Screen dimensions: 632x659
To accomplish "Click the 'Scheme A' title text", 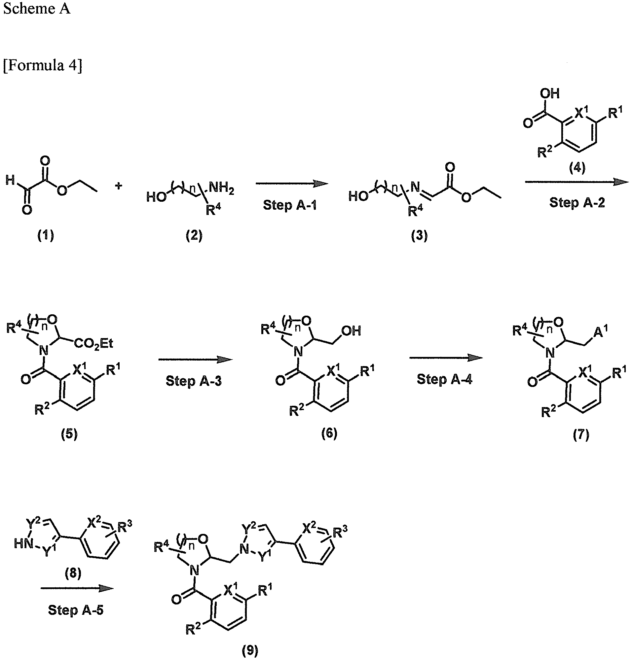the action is click(x=37, y=8).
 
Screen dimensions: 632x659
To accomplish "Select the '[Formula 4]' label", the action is click(x=43, y=65).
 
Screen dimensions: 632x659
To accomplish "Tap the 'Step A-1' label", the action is click(x=290, y=205).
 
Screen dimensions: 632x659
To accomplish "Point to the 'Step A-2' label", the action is click(x=577, y=202).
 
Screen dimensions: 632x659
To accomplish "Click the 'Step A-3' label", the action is click(x=194, y=381).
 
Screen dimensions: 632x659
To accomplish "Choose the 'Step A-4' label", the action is click(x=445, y=379).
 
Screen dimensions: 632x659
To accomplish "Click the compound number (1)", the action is click(x=46, y=235).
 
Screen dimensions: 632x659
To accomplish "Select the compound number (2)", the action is click(x=194, y=236).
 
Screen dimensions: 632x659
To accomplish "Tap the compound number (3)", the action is click(x=419, y=236).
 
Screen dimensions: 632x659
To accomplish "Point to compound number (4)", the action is click(x=577, y=167).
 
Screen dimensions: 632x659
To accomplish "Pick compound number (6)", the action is click(x=329, y=433).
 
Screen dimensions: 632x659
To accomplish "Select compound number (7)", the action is click(x=581, y=435).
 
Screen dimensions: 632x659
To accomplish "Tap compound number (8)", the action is click(x=73, y=573).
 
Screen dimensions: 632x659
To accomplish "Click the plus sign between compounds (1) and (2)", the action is click(x=118, y=186).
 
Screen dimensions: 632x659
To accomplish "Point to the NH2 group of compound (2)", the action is click(x=221, y=188).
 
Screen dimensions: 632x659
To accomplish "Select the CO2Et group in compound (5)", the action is click(x=93, y=344).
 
